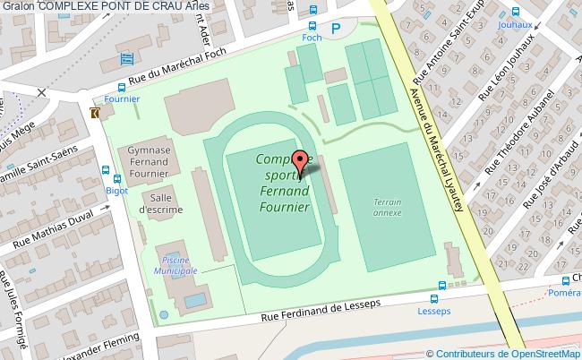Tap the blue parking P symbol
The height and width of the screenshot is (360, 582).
coord(336,28)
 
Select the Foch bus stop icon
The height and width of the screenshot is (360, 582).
coord(312,28)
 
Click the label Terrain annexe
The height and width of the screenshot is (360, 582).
coord(387,208)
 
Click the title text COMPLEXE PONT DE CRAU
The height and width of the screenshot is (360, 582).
coord(107,7)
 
